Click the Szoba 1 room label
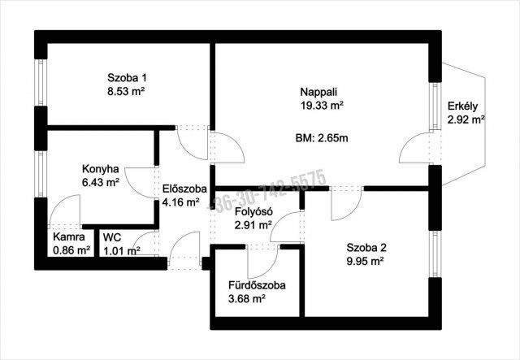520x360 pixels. [127, 78]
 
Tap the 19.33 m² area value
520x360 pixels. [322, 106]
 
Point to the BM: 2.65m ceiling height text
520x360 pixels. [322, 138]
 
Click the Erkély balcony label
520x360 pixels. [462, 106]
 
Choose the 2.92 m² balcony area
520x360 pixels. [466, 119]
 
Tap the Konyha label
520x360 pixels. [101, 169]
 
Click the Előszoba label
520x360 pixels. [184, 189]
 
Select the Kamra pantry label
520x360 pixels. [69, 237]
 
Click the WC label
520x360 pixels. [112, 237]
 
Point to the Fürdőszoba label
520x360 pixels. [257, 285]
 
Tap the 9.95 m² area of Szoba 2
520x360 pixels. [365, 262]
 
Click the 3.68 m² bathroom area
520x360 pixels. [247, 299]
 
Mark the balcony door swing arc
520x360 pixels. [407, 141]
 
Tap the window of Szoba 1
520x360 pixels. [41, 83]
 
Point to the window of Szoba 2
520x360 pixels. [435, 254]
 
